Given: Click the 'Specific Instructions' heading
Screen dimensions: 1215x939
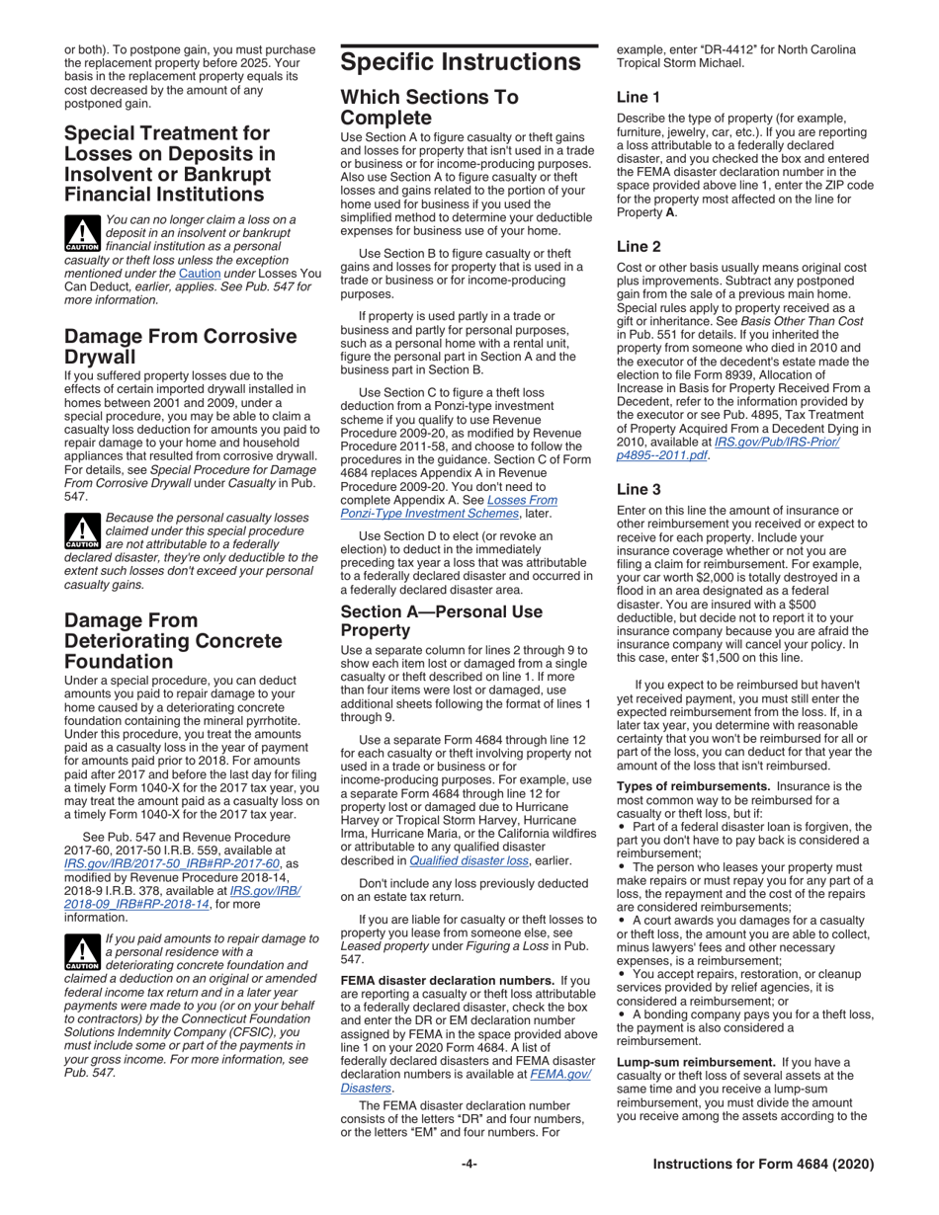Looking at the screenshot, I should coord(461,62).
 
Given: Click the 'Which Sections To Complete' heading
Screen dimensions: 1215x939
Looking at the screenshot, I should coord(429,108).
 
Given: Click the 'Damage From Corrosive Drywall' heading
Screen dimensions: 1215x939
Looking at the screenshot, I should coord(180,346).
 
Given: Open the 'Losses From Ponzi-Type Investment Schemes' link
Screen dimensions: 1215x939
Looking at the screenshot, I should coord(448,507).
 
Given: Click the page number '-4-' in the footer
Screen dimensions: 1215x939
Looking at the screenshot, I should coord(469,1165).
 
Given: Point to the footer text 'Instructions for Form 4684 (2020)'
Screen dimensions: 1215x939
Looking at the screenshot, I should coord(763,1165).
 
